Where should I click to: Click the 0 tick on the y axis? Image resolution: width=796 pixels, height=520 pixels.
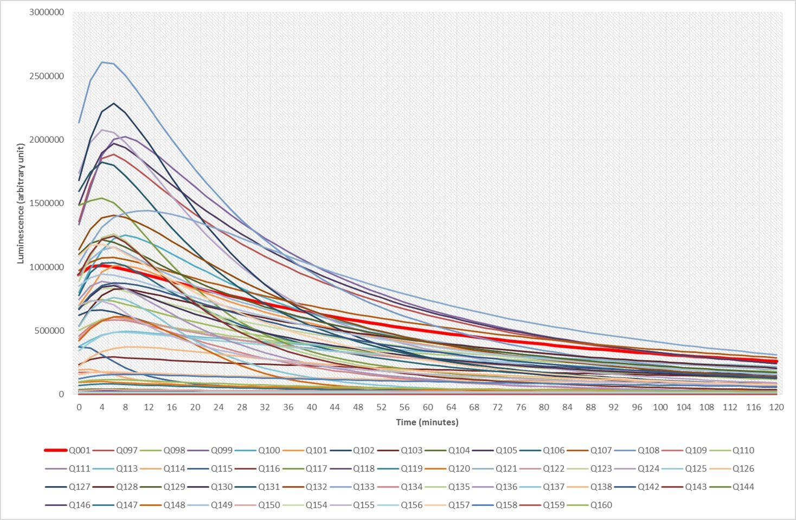click(x=61, y=394)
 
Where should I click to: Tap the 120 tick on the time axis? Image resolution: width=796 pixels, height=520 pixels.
click(x=776, y=407)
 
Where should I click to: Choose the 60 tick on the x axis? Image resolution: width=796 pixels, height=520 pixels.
click(x=428, y=407)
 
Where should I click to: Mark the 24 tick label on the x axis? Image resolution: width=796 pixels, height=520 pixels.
click(x=219, y=407)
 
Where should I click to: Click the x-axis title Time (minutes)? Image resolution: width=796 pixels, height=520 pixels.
click(x=427, y=422)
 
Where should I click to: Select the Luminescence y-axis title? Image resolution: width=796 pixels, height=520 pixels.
click(x=21, y=203)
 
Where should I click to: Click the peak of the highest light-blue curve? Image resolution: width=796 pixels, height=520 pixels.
click(x=102, y=62)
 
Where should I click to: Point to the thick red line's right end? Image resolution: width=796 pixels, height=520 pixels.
click(x=776, y=361)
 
